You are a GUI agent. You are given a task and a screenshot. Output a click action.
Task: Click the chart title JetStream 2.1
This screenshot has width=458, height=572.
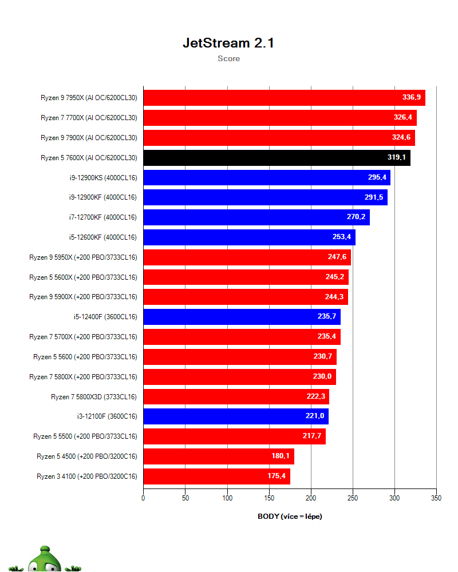click(x=228, y=43)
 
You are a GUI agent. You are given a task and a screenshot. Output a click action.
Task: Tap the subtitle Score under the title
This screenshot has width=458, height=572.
click(x=228, y=58)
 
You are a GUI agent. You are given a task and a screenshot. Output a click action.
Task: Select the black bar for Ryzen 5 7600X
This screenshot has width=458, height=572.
click(x=277, y=158)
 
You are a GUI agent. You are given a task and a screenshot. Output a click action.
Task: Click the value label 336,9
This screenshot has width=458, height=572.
click(x=411, y=98)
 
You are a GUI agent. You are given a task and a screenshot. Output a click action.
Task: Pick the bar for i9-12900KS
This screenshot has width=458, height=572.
click(x=266, y=178)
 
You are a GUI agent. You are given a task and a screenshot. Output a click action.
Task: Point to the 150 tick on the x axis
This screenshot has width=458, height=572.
click(x=269, y=498)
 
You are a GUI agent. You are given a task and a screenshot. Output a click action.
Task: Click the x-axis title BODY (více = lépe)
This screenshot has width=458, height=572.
click(x=290, y=517)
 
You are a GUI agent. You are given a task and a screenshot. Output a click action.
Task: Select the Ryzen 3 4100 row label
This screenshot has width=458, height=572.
click(x=87, y=476)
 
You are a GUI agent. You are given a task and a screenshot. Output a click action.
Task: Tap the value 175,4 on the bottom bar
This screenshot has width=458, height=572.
click(x=279, y=476)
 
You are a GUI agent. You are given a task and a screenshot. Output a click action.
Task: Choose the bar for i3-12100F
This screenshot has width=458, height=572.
click(x=235, y=416)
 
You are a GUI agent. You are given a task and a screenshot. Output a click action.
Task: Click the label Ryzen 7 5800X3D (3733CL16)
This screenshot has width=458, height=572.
click(x=94, y=396)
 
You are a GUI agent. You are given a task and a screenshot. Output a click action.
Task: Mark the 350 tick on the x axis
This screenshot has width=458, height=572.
click(x=436, y=498)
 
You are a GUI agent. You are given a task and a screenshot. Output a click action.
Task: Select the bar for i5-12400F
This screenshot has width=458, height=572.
click(x=242, y=317)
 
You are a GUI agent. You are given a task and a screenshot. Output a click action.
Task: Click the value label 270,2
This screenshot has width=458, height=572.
click(x=356, y=217)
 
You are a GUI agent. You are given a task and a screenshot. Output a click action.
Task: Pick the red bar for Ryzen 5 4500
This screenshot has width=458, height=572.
click(x=218, y=456)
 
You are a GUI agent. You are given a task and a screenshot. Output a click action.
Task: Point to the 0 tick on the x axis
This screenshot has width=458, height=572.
click(x=143, y=498)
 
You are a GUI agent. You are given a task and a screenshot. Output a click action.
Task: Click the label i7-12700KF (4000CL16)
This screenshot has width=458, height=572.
click(x=102, y=217)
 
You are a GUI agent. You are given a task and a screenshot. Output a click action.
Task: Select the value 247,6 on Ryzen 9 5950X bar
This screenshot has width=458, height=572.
click(x=337, y=257)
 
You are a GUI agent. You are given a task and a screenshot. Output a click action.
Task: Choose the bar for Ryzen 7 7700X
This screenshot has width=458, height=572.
click(x=279, y=118)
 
